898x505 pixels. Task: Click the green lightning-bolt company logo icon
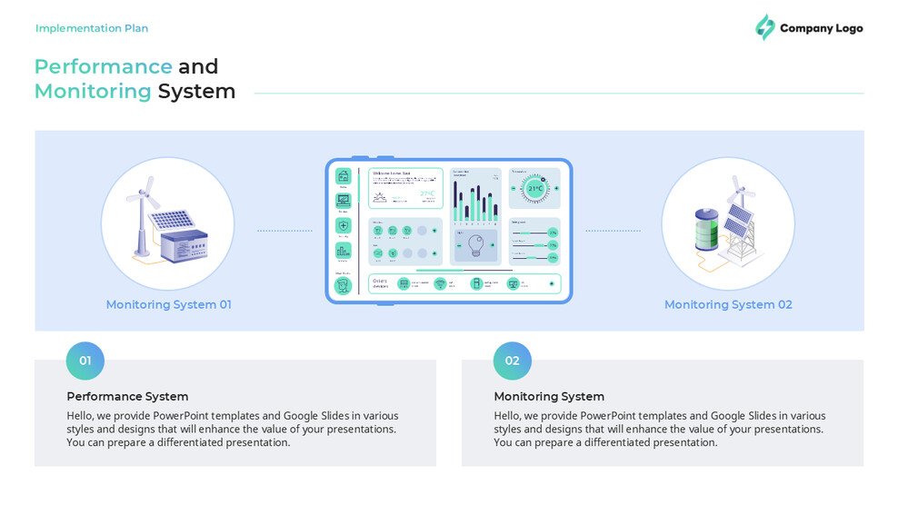click(765, 27)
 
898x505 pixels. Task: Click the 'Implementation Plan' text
click(92, 28)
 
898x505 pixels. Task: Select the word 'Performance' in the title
click(103, 66)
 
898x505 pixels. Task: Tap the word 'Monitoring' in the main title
click(93, 91)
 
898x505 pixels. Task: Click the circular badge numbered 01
click(85, 361)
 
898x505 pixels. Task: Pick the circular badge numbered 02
click(513, 361)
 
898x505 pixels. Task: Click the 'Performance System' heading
click(127, 396)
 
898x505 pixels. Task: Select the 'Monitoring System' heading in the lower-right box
click(549, 396)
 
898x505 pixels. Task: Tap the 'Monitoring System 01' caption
click(168, 304)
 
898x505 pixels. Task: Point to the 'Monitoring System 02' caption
click(728, 304)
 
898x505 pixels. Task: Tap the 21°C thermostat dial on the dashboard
click(535, 188)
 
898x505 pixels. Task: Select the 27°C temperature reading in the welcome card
click(426, 193)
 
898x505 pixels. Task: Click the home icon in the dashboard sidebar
click(343, 175)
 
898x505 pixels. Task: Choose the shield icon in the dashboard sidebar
click(343, 225)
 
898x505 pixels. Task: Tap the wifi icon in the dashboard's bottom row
click(440, 283)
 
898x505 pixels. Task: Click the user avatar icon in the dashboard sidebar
click(343, 285)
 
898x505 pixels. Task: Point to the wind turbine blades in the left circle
click(144, 193)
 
